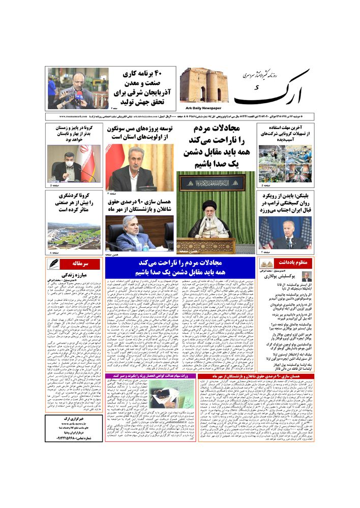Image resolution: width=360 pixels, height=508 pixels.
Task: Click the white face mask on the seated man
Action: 69,166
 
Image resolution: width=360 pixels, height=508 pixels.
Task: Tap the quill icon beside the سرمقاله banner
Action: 54,264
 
